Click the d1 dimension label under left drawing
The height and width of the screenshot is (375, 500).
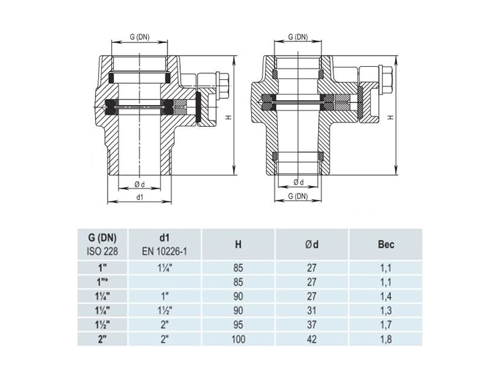[139, 197]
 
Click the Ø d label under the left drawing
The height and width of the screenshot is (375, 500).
[139, 184]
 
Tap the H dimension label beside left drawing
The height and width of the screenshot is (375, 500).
[229, 117]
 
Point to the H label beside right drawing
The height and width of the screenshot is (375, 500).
[391, 117]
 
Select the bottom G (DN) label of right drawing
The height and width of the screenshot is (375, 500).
[298, 196]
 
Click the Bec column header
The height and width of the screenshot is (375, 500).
[386, 244]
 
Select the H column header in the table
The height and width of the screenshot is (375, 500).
[238, 244]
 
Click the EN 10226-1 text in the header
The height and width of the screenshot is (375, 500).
[164, 252]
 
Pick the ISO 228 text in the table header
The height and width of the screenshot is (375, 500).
[102, 252]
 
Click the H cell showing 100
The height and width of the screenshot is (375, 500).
[239, 339]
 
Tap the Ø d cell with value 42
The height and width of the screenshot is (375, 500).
[311, 339]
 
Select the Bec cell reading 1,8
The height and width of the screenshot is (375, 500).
[386, 339]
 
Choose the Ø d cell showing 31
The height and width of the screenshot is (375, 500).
[311, 311]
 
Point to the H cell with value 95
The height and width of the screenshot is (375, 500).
[238, 324]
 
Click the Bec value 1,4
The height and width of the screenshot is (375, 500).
[386, 296]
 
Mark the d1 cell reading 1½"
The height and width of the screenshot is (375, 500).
[164, 311]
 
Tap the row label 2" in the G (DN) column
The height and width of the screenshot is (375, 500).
[102, 339]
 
